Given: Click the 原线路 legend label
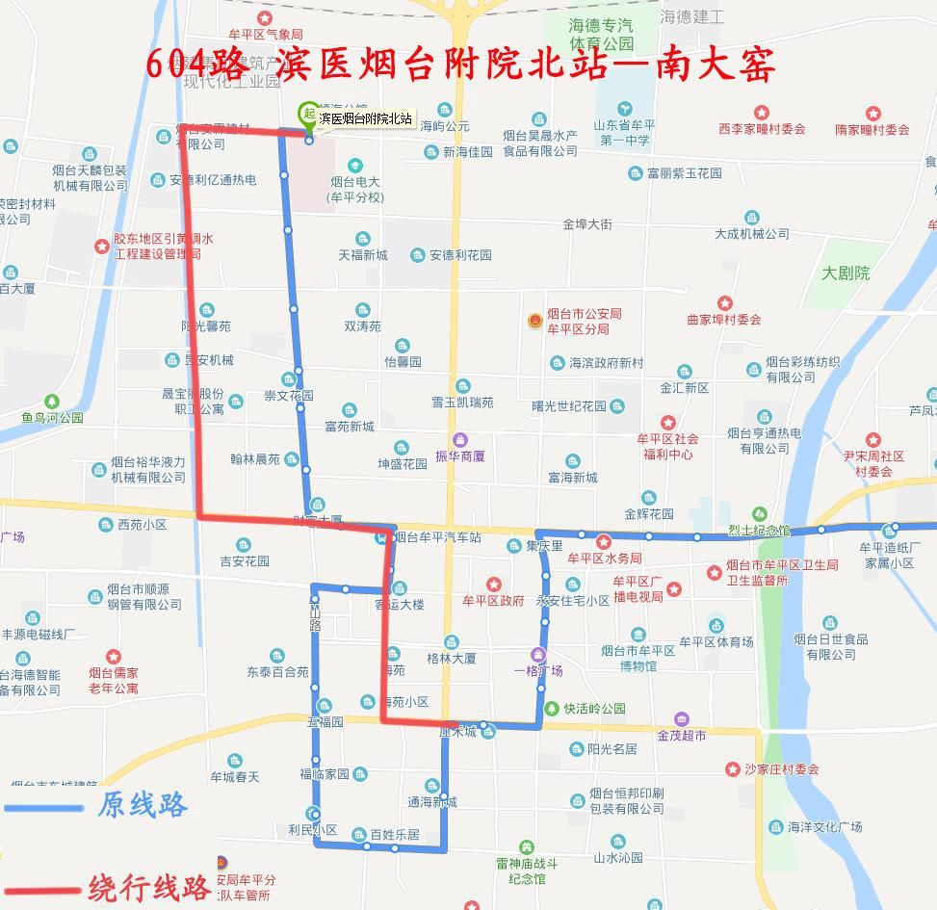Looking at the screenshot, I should (142, 804).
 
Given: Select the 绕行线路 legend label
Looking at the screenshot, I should (149, 887).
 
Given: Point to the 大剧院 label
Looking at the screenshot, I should (846, 273).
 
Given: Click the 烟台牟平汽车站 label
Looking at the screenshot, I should (437, 537).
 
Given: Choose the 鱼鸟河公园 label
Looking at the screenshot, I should (52, 418).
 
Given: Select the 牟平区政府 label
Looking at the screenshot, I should (493, 601).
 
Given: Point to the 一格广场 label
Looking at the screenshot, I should (538, 670).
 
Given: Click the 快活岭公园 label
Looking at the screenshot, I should (594, 709).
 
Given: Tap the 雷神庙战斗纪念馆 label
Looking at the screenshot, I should (527, 871).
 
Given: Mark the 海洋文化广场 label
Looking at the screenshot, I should (824, 826).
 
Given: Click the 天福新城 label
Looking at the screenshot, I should (362, 255).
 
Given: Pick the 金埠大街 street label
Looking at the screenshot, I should (587, 224).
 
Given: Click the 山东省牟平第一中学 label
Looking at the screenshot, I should (625, 132).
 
